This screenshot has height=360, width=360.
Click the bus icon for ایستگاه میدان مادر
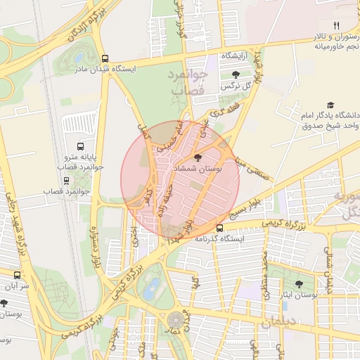pyautogui.click(x=105, y=59)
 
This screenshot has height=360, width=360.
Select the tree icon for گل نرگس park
pyautogui.click(x=235, y=75)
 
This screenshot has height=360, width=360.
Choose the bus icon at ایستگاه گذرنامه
pyautogui.click(x=220, y=228)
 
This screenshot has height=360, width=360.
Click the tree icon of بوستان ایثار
pyautogui.click(x=300, y=284)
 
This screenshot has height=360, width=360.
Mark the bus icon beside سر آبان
pyautogui.click(x=18, y=276)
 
